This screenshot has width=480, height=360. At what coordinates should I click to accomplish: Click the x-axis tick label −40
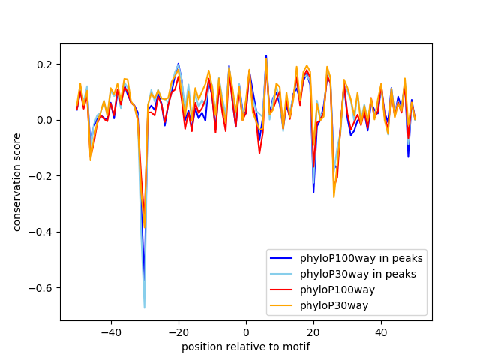coord(111,332)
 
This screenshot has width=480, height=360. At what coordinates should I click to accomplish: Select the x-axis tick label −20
coord(178,332)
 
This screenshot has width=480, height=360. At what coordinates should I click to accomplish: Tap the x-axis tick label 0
coord(246,332)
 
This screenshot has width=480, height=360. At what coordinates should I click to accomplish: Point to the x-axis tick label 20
coord(313,332)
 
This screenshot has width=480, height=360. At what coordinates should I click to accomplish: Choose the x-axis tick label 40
coord(381,332)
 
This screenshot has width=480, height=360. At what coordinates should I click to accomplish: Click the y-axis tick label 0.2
coord(44,64)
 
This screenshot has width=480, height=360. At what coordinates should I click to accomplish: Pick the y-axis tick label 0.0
coord(44,120)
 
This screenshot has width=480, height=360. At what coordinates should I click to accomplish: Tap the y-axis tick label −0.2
coord(41,176)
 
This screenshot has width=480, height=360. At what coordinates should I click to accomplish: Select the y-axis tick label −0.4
coord(41,232)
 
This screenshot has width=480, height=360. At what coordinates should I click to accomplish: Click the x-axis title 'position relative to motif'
coord(246,346)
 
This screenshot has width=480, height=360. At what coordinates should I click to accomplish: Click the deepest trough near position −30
coord(145,307)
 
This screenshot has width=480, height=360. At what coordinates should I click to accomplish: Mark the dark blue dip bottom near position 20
coord(313,193)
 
